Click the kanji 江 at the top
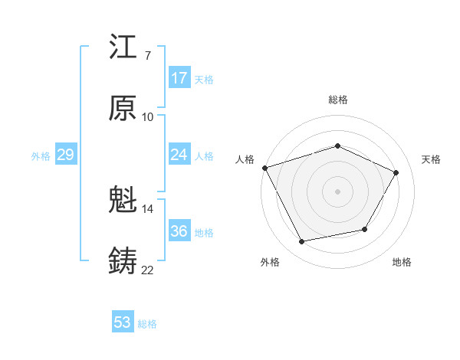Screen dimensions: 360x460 tap(123, 48)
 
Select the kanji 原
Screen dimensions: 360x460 tap(123, 109)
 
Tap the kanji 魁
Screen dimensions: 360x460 tap(123, 201)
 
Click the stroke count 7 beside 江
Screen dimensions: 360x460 tap(147, 56)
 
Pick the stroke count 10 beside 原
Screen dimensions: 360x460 tap(147, 116)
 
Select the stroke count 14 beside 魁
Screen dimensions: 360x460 tap(147, 208)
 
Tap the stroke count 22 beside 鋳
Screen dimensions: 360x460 tap(147, 270)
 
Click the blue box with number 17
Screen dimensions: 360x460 tap(179, 78)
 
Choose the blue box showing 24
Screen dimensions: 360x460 tap(179, 155)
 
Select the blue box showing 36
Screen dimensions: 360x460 tap(179, 231)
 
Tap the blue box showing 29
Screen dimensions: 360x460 tap(65, 155)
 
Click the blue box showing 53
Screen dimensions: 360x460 tap(123, 322)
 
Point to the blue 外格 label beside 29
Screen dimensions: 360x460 tap(41, 156)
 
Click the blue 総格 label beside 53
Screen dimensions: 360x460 tap(147, 324)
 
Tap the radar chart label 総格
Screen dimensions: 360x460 tap(337, 100)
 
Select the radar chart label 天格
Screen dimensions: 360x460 tap(431, 159)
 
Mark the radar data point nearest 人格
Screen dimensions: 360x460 tap(264, 168)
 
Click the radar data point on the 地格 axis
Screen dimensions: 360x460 tap(365, 229)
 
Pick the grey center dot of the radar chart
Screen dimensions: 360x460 tap(337, 191)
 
